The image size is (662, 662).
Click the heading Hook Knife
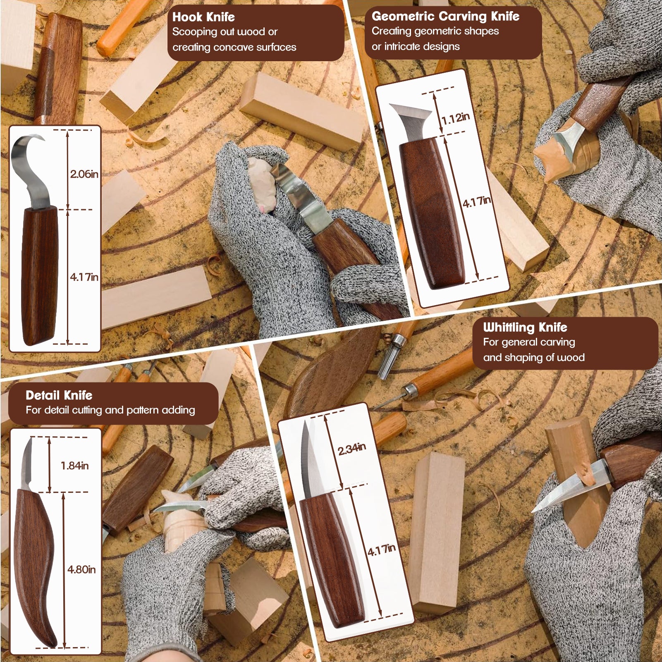(203, 17)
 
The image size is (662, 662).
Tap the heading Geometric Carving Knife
(445, 16)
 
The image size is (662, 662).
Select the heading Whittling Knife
(525, 327)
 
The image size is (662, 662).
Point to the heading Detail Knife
(59, 395)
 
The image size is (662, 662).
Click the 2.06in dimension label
(84, 174)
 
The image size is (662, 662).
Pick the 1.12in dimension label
(455, 119)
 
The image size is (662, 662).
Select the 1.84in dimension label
(75, 466)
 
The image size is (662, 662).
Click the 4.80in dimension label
(81, 569)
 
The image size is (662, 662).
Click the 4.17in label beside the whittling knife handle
(382, 550)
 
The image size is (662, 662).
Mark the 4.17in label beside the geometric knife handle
(477, 202)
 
